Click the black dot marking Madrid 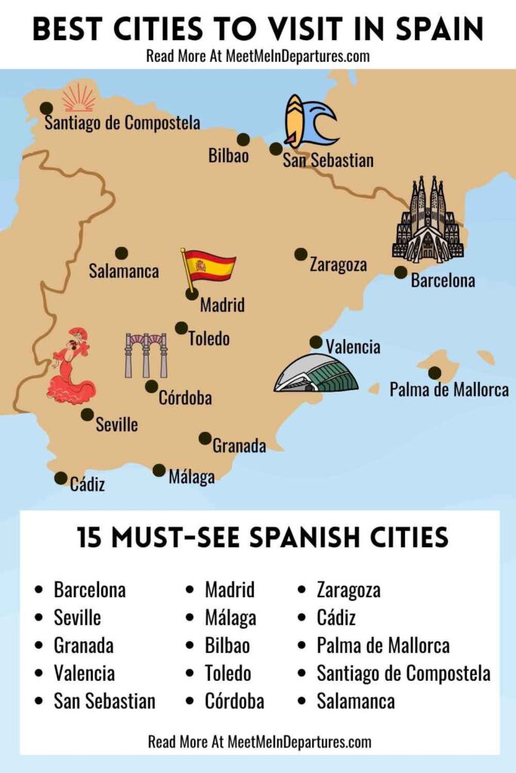point(192,293)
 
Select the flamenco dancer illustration point(72,367)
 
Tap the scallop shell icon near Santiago point(79,98)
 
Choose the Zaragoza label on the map point(338,265)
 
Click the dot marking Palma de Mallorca point(434,373)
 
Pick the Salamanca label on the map point(123,271)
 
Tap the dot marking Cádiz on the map point(60,478)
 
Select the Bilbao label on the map point(229,156)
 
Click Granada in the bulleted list point(83,645)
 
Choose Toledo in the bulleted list point(227,673)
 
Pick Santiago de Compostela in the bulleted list point(403,673)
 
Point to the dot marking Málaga point(159,470)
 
